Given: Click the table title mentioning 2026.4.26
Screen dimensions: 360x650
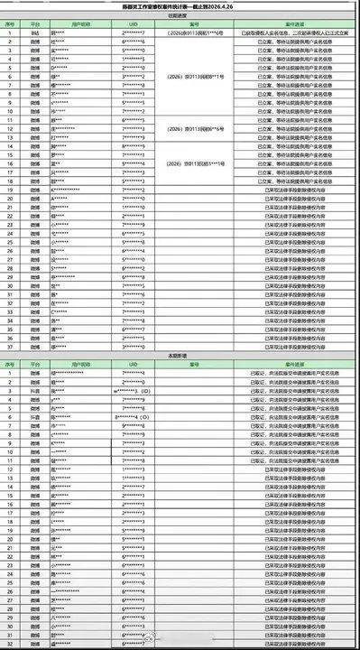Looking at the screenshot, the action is click(180, 5).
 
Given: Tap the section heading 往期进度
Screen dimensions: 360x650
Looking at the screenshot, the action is click(180, 15).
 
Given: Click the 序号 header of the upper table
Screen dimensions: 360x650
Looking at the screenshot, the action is click(9, 24).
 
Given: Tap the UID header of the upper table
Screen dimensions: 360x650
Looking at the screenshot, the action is click(133, 24).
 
